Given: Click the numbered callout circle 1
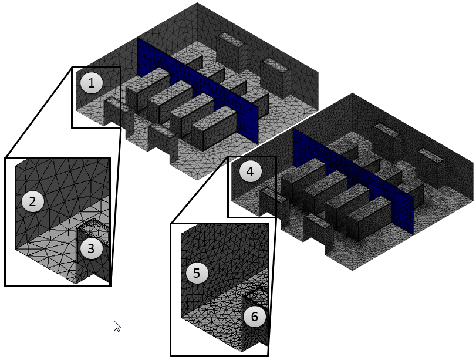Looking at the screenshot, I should [x=91, y=83].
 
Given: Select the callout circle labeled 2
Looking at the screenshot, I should [x=33, y=202].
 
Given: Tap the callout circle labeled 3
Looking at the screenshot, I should [x=90, y=248].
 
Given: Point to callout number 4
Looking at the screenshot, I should [x=250, y=172].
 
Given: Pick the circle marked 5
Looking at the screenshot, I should [x=197, y=272].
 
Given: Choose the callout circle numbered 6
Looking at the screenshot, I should [x=254, y=317].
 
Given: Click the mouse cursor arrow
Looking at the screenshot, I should [x=116, y=325].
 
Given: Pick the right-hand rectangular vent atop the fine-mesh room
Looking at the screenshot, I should [x=432, y=155].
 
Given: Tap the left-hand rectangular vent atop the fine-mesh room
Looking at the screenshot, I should [x=386, y=129].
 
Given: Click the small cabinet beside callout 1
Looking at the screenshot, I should [x=112, y=112].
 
